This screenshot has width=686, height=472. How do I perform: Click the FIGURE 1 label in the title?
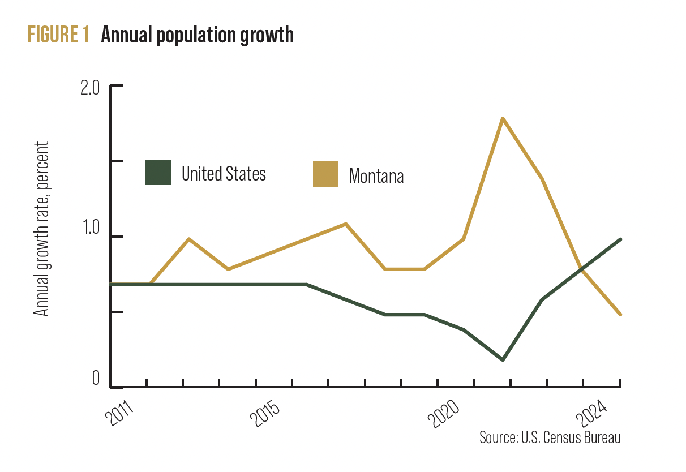click(58, 35)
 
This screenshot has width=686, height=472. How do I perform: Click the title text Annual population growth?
click(197, 35)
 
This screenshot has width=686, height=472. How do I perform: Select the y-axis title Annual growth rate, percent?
click(42, 229)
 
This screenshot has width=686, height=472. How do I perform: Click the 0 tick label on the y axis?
click(96, 378)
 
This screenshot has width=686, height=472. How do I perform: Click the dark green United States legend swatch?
click(158, 173)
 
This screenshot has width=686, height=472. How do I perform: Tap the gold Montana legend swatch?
click(325, 174)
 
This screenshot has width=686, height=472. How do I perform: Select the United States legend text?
click(224, 173)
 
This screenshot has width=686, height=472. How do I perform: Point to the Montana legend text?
click(376, 175)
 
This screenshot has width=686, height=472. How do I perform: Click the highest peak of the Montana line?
click(503, 118)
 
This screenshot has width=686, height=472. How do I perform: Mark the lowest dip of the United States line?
click(503, 359)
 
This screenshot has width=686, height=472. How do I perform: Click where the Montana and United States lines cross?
click(581, 270)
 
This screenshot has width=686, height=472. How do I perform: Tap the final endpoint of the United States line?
click(621, 239)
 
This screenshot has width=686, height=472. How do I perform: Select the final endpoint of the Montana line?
click(621, 315)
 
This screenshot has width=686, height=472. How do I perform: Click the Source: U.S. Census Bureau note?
click(550, 437)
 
